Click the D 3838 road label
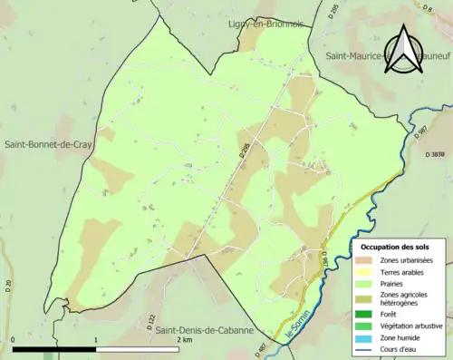438,155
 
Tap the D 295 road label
333,12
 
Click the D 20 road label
7,287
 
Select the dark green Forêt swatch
364,314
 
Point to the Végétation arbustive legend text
414,326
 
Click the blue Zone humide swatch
364,337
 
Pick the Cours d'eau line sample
364,349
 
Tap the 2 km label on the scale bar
185,339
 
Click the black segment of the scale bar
54,348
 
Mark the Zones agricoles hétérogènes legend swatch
364,297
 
